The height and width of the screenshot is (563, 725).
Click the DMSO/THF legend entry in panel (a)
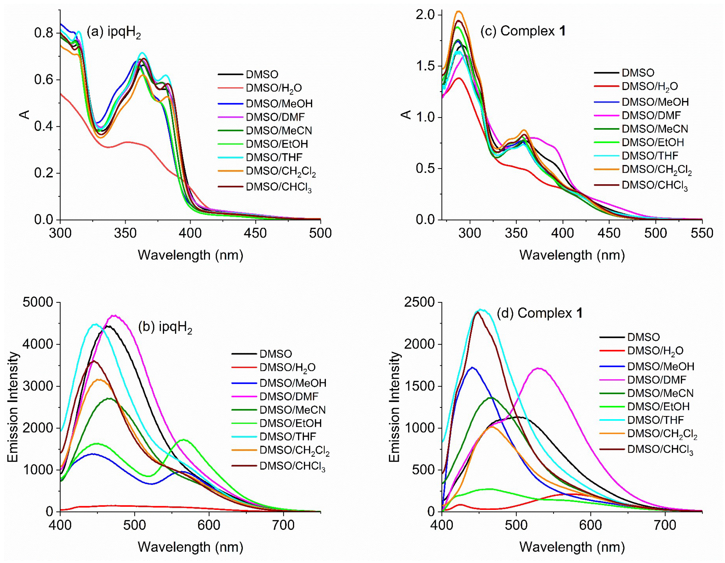(x=274, y=157)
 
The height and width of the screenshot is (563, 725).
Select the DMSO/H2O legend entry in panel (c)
(x=649, y=86)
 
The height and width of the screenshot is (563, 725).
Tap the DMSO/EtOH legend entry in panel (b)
(x=290, y=423)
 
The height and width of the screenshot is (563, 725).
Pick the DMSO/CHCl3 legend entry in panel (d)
(x=660, y=449)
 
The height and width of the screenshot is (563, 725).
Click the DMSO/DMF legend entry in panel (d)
(x=656, y=380)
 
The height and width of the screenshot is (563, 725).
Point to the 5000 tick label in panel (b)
(x=38, y=302)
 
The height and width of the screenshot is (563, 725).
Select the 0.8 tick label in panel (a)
(x=43, y=33)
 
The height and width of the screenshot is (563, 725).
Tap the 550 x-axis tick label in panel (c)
(x=702, y=233)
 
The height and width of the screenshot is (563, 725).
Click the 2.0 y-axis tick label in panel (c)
(x=425, y=15)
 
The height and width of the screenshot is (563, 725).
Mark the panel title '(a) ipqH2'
(x=114, y=32)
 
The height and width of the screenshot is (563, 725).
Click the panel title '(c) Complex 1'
(x=523, y=31)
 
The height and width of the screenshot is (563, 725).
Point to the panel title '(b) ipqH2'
(x=165, y=327)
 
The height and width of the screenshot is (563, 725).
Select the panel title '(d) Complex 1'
(x=539, y=313)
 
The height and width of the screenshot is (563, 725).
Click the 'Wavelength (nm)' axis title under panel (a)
(x=190, y=255)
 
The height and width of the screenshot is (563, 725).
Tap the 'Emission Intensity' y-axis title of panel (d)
(x=395, y=407)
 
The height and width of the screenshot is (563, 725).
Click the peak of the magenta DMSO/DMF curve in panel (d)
(x=538, y=368)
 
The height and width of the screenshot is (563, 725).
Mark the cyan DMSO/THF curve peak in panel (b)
(x=96, y=324)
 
